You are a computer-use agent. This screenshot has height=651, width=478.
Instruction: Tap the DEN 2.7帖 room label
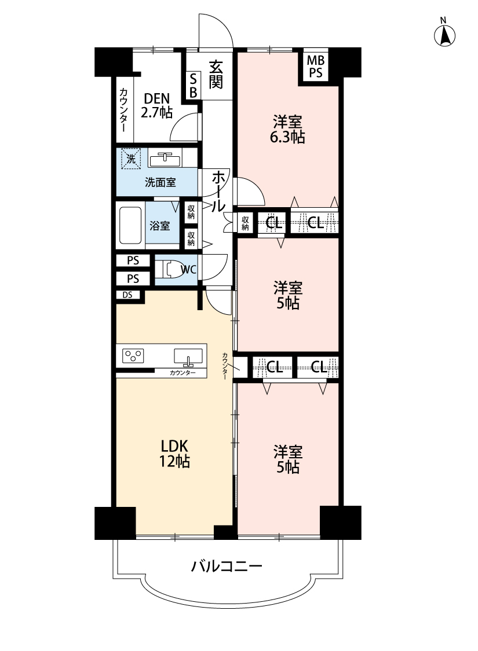[156, 105]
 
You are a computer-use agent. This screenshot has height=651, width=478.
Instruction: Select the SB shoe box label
[194, 86]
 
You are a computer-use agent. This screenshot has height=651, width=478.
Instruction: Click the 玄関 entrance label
[216, 75]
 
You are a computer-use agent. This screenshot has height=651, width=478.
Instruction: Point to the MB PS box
[316, 67]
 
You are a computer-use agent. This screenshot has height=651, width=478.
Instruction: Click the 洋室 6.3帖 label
[287, 130]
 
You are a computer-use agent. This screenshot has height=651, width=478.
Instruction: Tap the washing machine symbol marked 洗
[131, 159]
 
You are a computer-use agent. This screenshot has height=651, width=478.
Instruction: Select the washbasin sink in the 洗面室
[165, 159]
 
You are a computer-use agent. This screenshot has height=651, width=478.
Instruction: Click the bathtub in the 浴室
[130, 226]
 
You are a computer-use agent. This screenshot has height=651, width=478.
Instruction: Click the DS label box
[128, 295]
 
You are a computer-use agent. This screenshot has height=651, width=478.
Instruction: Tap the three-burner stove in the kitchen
[133, 356]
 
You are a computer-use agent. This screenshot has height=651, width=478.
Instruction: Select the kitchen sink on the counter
[188, 356]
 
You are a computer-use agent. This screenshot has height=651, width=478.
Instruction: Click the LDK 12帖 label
[174, 453]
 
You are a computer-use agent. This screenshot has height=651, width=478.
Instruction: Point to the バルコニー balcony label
[227, 566]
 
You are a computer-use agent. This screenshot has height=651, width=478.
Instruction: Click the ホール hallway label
[218, 192]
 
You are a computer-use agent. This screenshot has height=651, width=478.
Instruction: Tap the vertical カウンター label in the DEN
[123, 110]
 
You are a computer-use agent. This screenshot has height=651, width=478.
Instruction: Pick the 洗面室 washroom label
[160, 182]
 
